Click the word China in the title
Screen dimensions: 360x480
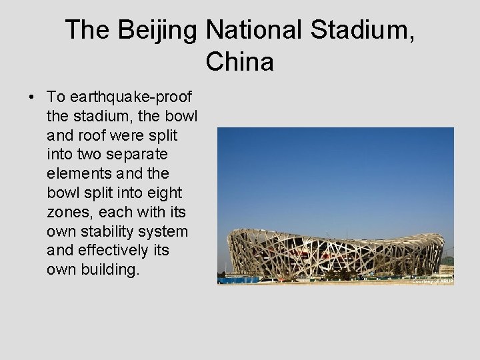(240, 62)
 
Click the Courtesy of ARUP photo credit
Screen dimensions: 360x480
(433, 281)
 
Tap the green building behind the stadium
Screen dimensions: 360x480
(448, 261)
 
